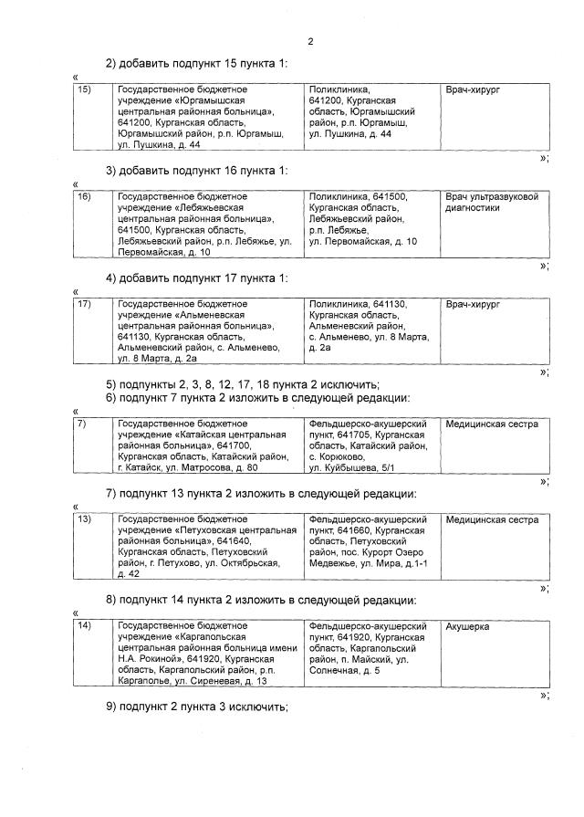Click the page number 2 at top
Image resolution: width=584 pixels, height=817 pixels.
(x=310, y=41)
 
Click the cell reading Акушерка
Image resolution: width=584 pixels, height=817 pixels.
(x=468, y=627)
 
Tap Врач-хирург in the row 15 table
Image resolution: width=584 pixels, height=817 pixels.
(x=474, y=90)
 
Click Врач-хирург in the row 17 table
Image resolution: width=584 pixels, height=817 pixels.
(x=474, y=304)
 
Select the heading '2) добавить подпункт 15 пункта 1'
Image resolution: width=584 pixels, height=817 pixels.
(x=197, y=63)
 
